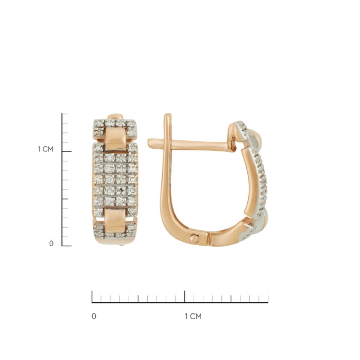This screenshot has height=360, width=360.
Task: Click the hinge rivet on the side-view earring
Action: [194, 238]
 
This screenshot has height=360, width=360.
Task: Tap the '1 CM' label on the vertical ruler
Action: [46, 149]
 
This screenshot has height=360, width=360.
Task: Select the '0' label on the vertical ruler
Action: [51, 244]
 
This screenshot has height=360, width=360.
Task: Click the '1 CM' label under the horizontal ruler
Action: [193, 317]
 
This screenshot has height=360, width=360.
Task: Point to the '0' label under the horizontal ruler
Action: [94, 317]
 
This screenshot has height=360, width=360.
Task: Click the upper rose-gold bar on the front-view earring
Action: [115, 139]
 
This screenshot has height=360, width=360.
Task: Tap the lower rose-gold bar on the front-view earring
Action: [115, 220]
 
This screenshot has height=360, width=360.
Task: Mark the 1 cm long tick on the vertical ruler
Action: [67, 151]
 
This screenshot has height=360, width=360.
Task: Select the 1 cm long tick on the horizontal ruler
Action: [185, 296]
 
